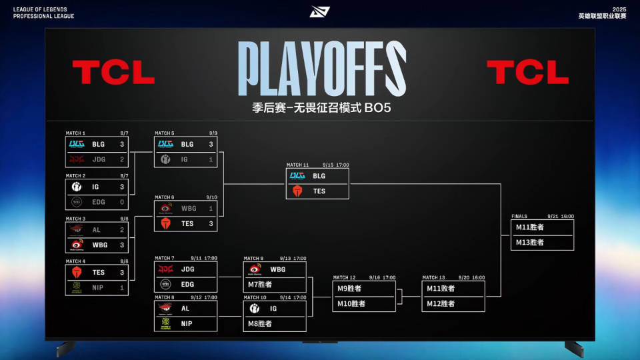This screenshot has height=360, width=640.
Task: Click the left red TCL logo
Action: click(x=113, y=72)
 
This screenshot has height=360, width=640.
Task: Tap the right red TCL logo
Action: click(x=527, y=72)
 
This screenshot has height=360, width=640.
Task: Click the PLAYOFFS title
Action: click(x=321, y=69)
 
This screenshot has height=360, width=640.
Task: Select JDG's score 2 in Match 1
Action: click(x=122, y=159)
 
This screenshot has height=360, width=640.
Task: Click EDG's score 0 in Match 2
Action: click(x=122, y=201)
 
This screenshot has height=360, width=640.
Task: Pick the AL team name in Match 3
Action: click(x=97, y=229)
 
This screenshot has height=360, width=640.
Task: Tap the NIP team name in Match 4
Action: click(x=99, y=287)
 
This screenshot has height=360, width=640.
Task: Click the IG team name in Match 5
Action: click(x=186, y=160)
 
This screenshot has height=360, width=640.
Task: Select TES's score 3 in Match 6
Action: click(x=211, y=223)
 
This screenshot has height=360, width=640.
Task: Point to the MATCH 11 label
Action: click(x=298, y=165)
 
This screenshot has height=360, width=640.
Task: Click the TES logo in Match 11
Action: click(x=298, y=191)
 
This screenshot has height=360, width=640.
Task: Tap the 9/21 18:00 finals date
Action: click(x=561, y=216)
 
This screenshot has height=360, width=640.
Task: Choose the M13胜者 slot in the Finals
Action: click(x=530, y=243)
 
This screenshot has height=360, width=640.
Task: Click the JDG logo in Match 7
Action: click(x=165, y=269)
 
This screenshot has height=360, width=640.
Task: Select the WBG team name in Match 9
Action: click(x=278, y=269)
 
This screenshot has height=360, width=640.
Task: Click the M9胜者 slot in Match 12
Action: click(x=349, y=289)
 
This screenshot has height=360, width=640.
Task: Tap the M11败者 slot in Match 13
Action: click(x=441, y=289)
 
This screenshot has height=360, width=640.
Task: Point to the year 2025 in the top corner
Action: click(x=619, y=9)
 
